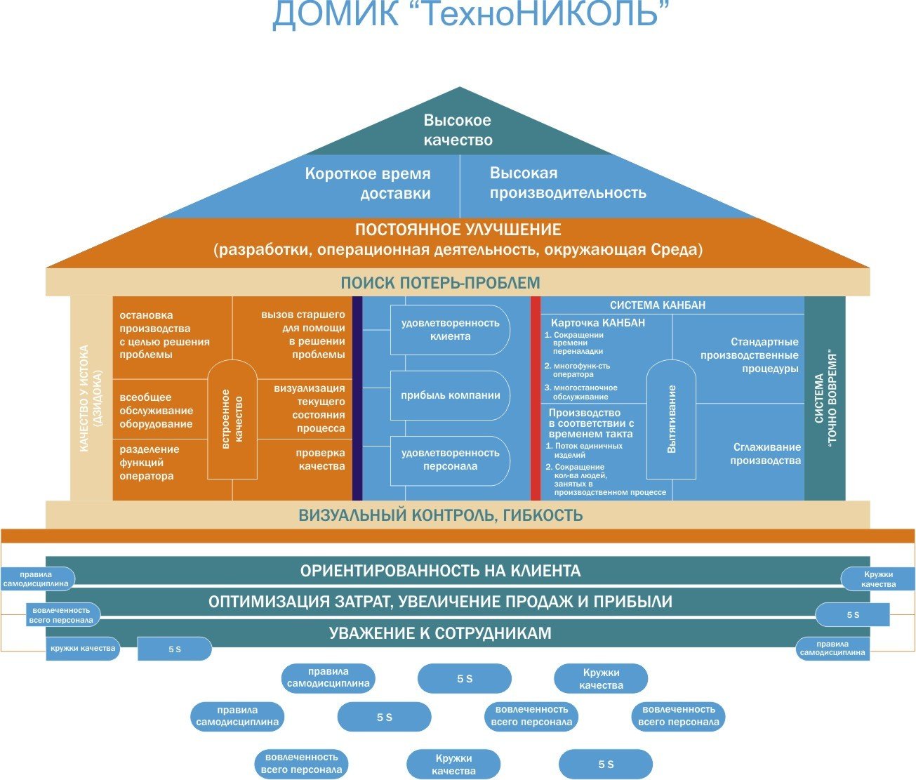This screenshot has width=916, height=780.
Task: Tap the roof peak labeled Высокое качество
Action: click(458, 130)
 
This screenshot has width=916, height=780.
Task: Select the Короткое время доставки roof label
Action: click(368, 183)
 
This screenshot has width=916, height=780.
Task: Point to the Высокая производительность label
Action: click(567, 183)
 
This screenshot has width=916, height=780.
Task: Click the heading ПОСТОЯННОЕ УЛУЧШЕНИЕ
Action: click(458, 230)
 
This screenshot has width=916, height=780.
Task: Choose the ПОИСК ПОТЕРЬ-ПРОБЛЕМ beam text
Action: click(440, 283)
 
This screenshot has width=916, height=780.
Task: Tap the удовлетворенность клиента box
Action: click(450, 329)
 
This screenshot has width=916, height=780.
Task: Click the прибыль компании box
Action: click(450, 395)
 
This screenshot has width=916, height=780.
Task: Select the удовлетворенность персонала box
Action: click(450, 460)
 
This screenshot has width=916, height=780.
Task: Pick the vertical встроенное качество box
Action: click(232, 419)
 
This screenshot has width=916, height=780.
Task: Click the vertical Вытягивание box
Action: click(671, 419)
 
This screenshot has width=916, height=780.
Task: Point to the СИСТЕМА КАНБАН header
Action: click(658, 305)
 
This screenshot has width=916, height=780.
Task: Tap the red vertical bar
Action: click(536, 398)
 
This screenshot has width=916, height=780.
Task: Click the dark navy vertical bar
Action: click(357, 398)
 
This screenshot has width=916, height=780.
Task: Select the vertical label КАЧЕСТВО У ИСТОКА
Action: click(91, 398)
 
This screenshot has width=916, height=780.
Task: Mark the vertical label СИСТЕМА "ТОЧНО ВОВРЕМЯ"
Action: click(825, 398)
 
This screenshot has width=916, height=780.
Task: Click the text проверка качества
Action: click(320, 460)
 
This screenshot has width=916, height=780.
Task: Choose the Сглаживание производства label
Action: click(766, 454)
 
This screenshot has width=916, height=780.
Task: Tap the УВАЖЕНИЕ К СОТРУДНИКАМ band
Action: click(440, 633)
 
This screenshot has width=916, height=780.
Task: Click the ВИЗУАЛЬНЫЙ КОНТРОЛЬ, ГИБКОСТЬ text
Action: click(440, 515)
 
